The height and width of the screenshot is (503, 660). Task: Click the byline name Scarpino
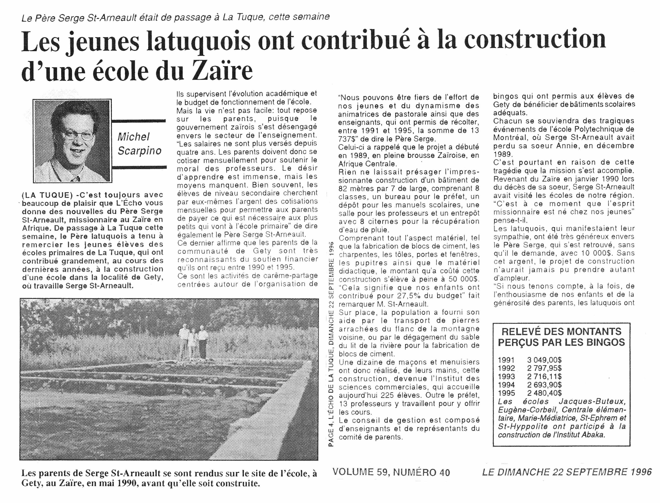click(x=139, y=151)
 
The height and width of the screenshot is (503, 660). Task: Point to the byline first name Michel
click(x=133, y=137)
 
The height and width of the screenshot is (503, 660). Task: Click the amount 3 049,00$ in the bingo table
click(x=544, y=360)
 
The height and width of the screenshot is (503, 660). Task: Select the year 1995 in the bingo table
click(x=506, y=393)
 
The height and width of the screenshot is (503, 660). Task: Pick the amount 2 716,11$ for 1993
click(x=544, y=376)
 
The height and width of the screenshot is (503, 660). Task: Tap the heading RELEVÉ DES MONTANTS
click(x=561, y=332)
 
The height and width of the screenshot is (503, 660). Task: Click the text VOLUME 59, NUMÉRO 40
click(x=391, y=472)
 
